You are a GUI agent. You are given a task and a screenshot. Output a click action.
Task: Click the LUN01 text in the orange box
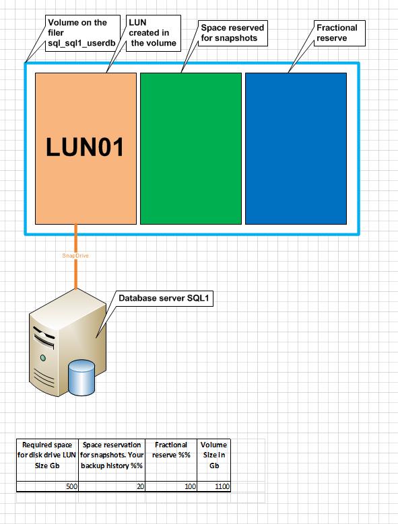click(85, 147)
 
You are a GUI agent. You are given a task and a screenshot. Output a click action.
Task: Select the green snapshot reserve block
click(191, 149)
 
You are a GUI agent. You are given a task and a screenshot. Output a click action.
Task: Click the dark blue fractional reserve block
click(296, 149)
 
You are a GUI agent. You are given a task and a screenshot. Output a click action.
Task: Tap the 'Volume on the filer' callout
click(83, 33)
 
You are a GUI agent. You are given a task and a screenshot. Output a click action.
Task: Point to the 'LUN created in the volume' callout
click(153, 33)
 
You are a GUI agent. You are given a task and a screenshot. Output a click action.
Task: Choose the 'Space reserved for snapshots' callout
click(233, 33)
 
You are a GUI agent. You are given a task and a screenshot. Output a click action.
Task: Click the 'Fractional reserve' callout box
click(339, 33)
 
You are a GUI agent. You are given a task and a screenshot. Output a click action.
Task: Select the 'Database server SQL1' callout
click(164, 298)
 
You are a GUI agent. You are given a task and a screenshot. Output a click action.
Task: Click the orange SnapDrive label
click(75, 256)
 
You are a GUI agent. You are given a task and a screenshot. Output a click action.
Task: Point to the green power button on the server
click(43, 358)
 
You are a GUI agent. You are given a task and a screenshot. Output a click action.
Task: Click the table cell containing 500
click(47, 486)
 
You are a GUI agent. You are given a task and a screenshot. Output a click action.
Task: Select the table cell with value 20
click(112, 486)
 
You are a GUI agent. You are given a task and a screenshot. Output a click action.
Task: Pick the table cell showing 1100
click(213, 486)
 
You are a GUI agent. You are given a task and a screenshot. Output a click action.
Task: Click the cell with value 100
click(171, 486)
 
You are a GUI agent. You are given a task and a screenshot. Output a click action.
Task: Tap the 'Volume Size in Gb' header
click(213, 455)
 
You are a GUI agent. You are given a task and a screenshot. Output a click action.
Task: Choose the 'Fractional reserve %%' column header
click(171, 450)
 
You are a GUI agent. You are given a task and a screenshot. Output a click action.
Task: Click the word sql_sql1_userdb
click(81, 43)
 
